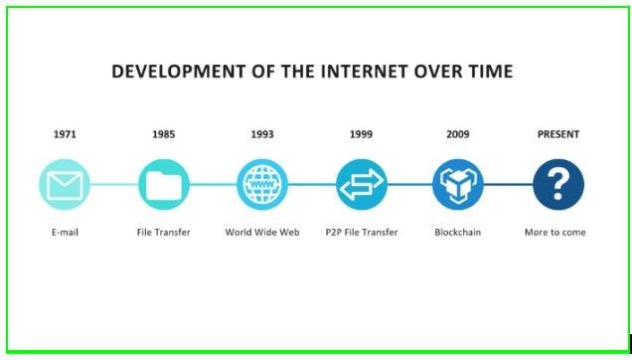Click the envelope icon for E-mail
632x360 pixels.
(x=65, y=184)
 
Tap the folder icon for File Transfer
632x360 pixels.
(x=163, y=184)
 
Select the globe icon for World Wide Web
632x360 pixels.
(x=262, y=184)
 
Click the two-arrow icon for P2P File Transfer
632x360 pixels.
(x=361, y=184)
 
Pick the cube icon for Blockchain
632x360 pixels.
(x=458, y=184)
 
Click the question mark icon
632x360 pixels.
(x=557, y=184)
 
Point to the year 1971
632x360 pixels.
(x=65, y=134)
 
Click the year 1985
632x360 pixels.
(x=163, y=134)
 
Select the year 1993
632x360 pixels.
(x=262, y=134)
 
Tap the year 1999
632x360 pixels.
(x=361, y=134)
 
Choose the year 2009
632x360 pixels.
(x=458, y=134)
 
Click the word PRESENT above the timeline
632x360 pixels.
(x=557, y=134)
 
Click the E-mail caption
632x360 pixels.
(x=65, y=233)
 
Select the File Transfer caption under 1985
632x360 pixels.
(x=163, y=233)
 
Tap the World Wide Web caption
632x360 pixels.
(x=262, y=233)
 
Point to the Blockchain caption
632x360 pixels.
(x=458, y=233)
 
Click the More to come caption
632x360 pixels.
(x=555, y=233)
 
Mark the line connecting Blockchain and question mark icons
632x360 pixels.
(x=508, y=184)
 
